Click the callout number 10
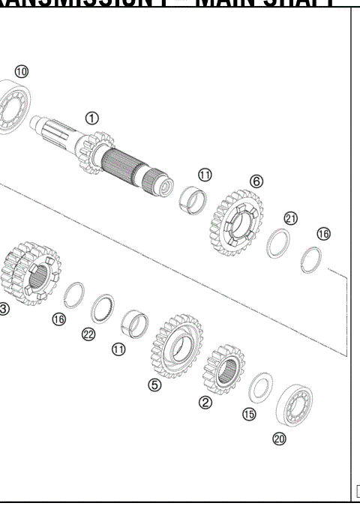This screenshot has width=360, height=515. coord(21,71)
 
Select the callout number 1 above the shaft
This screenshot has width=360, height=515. coord(91,118)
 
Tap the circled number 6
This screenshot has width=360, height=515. coord(256,181)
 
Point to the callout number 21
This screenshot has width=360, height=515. coord(291,218)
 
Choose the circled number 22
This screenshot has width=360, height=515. coord(88,334)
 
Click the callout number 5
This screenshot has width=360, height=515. coord(154,385)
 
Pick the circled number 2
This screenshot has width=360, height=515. coord(205,402)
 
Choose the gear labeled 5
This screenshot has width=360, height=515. coord(177,346)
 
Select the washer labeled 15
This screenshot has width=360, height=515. coord(259,388)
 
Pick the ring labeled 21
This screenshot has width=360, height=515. coord(280,244)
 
